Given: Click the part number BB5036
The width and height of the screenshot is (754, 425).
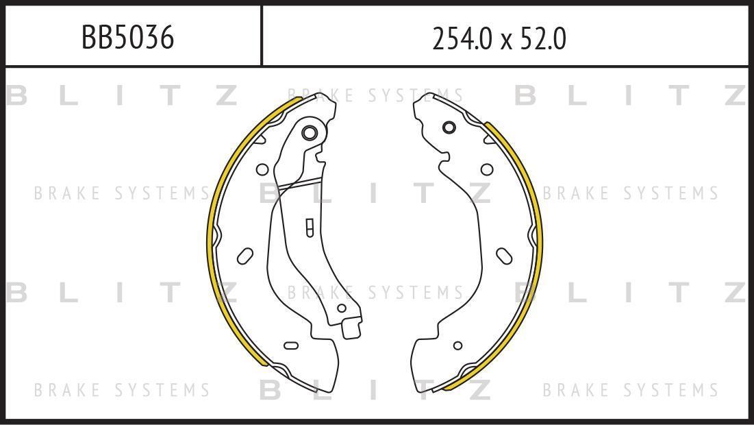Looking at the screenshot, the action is coord(127,38).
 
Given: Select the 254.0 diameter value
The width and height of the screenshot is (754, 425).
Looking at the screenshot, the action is coord(463,38).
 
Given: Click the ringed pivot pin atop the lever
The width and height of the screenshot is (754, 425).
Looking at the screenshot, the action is coord(309,133).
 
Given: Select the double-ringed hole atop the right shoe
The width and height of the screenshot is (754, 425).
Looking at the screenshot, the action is coord(449,127).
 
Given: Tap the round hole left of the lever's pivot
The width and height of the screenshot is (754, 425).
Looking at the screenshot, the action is coord(262,169).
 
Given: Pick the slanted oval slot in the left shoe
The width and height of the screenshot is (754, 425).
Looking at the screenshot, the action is coord(245,256).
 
